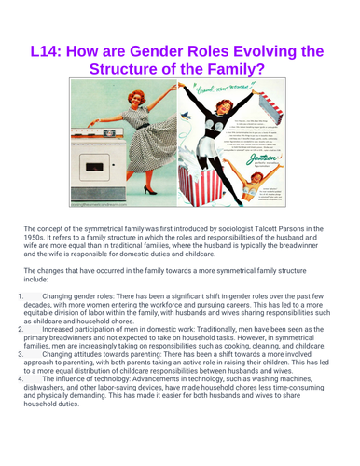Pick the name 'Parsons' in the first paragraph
coord(289,228)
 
